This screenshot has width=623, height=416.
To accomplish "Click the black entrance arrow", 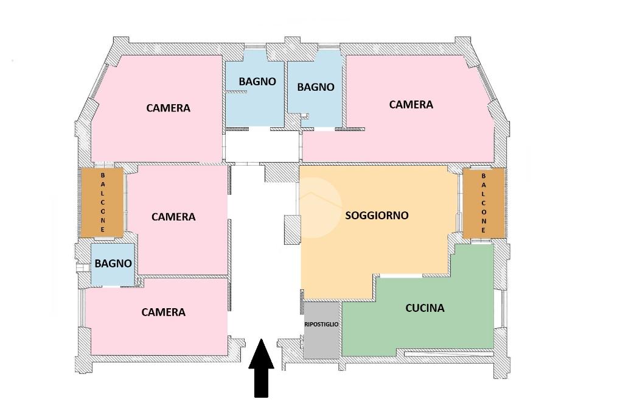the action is point(261,368).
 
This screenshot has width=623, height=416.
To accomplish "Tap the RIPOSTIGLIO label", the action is point(321,324).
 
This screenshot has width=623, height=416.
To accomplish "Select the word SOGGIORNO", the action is point(377,215).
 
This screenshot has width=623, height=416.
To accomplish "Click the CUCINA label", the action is point(425,308).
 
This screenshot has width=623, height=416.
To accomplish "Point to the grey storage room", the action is point(321,330).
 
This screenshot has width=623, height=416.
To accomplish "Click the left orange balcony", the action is point(102,202).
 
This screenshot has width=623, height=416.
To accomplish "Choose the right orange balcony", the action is point(484,203).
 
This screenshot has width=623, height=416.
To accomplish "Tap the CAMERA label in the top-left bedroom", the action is point(168,108).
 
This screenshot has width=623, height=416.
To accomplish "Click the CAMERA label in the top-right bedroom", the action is point(411,104).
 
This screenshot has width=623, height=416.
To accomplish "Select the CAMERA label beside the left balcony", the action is point(173,217).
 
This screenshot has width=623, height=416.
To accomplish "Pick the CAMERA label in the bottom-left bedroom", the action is point(163,312).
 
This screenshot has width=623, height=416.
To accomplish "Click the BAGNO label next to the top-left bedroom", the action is point(257,82).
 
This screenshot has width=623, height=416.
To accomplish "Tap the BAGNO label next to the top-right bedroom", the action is point(316,86).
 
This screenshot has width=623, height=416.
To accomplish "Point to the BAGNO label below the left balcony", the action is point(113,263).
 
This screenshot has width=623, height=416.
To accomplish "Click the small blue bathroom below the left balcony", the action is point(113,264).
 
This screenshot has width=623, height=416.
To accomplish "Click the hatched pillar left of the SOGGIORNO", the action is point(293,230).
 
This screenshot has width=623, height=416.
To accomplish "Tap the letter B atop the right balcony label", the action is point(484,175).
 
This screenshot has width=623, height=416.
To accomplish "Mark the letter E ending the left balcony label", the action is point(102,230).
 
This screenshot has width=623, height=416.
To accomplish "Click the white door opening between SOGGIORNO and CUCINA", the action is point(401,276).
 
